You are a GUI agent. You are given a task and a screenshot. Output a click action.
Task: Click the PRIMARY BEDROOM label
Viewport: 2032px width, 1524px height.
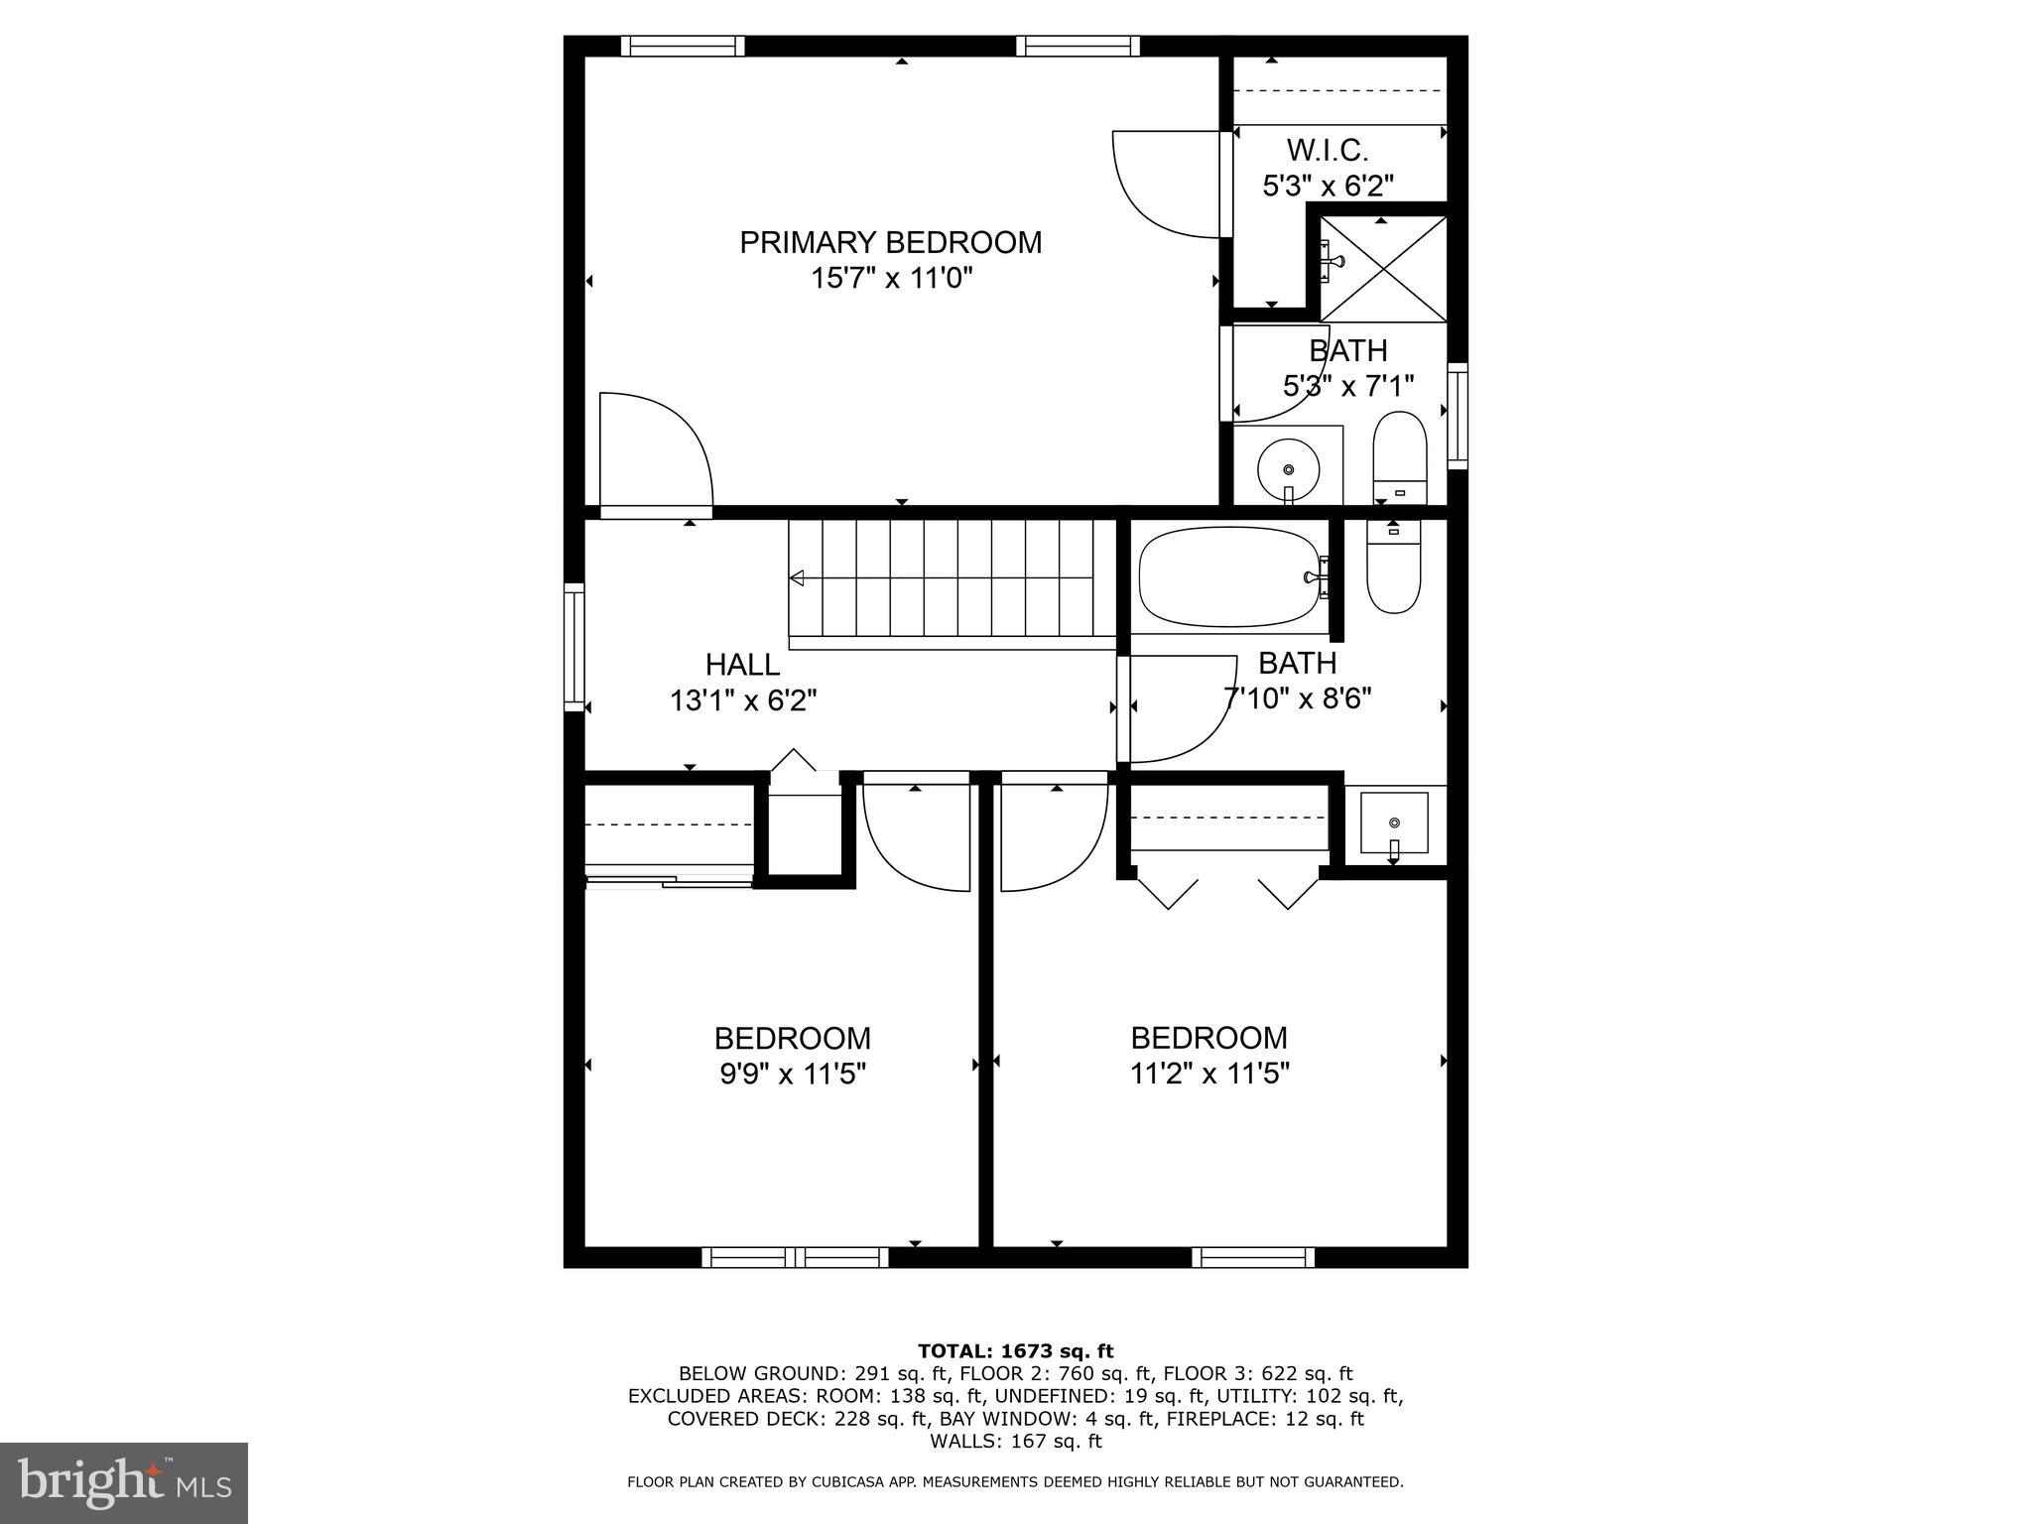[x=890, y=242]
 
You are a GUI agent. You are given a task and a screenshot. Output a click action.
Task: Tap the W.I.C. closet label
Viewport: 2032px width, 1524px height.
[x=1327, y=151]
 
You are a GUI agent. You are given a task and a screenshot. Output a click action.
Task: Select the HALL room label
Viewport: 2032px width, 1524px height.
[x=741, y=664]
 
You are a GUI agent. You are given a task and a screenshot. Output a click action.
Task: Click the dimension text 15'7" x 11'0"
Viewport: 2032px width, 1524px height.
[x=890, y=278]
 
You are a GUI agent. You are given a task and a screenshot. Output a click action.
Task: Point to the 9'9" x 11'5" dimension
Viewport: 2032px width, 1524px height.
[x=793, y=1074]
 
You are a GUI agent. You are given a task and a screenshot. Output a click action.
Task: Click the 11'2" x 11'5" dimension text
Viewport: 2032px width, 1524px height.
[x=1208, y=1074]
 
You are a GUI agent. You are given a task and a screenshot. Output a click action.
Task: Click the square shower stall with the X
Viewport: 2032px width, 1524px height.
[x=1383, y=268]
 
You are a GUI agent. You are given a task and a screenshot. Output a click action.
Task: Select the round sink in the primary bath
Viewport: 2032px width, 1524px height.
[x=1288, y=467]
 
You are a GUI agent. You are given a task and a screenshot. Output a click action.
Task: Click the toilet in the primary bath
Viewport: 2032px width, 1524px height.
[x=1399, y=457]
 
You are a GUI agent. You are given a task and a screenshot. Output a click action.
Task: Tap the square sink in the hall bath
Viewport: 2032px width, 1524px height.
[x=1394, y=823]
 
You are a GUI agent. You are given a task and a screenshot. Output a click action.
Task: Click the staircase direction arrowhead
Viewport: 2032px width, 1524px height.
[x=797, y=577]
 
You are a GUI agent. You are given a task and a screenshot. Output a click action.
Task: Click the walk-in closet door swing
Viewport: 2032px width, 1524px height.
[x=1166, y=186]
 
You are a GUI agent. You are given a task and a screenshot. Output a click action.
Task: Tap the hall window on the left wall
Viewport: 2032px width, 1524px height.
[x=573, y=648]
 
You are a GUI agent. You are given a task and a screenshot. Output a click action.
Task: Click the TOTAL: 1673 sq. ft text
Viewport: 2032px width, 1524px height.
[x=1015, y=1350]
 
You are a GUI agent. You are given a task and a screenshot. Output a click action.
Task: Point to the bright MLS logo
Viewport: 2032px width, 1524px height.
[x=124, y=1482]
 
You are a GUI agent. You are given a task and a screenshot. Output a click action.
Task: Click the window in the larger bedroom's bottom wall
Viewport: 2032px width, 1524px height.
[x=1253, y=1258]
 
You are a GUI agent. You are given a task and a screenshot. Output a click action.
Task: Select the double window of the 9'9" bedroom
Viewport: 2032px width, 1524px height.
[x=795, y=1258]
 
